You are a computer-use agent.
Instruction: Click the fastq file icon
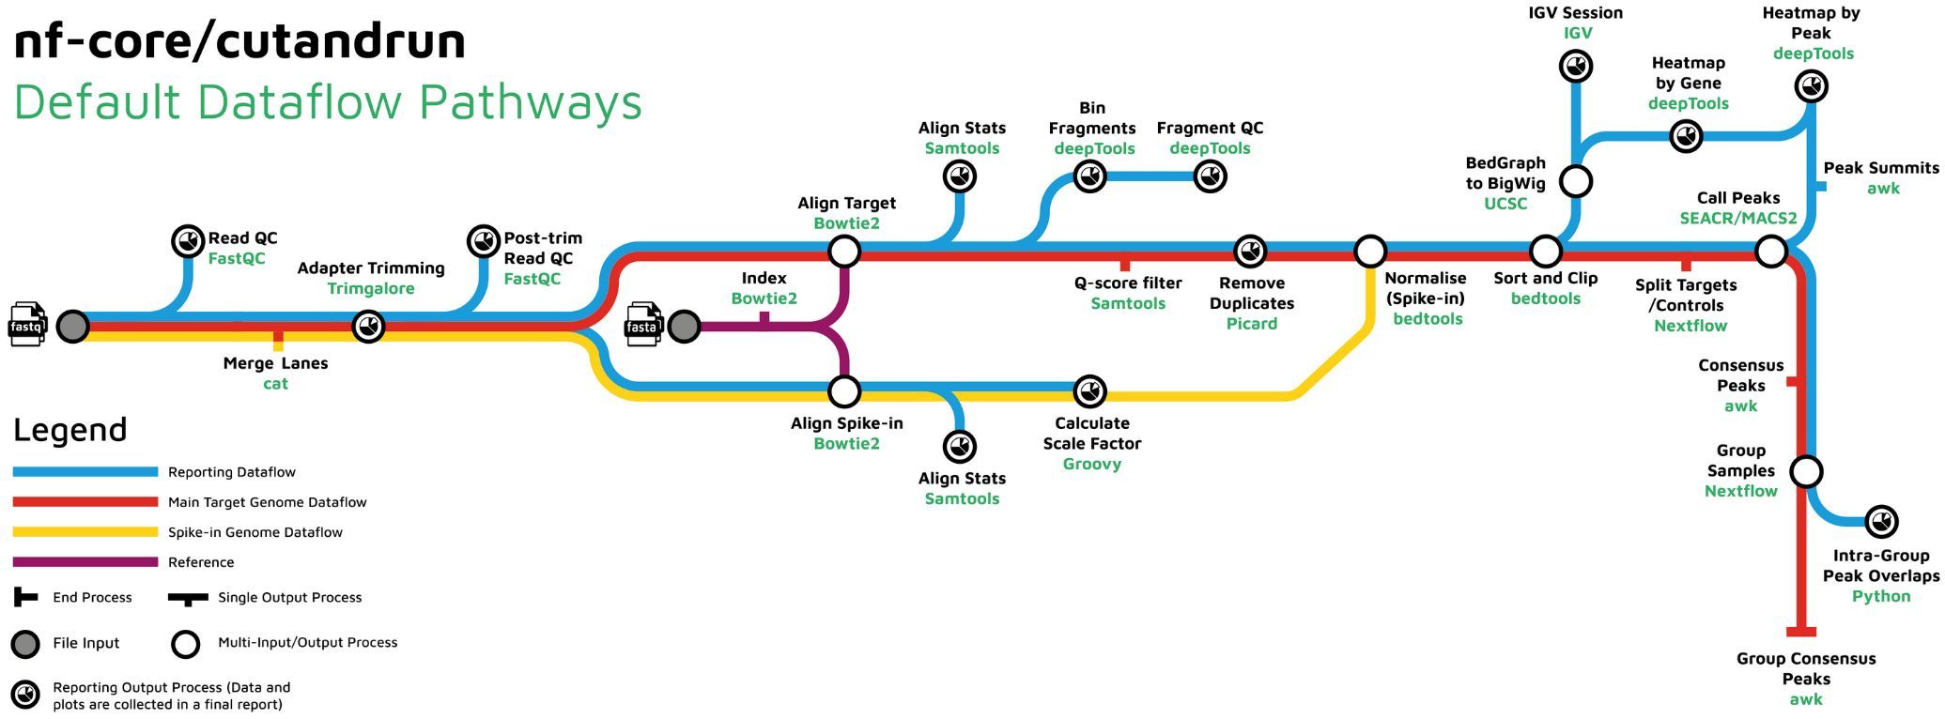(28, 325)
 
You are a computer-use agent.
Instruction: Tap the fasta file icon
(643, 325)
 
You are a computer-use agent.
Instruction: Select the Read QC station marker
(188, 241)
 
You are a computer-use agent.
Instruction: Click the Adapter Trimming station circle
(368, 327)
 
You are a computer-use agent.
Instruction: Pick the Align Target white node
(844, 252)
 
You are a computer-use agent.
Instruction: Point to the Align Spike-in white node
(844, 391)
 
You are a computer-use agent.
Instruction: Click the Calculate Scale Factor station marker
(1089, 391)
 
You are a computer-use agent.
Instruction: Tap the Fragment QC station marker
(1211, 176)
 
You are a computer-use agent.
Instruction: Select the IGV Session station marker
(1576, 67)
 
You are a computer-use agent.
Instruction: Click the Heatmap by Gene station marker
(1687, 137)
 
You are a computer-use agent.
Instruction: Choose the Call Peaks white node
(1771, 252)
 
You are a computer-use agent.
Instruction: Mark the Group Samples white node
(1806, 471)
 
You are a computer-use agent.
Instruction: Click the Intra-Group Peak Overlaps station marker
(1881, 521)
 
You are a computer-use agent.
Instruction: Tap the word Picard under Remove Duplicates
(1252, 324)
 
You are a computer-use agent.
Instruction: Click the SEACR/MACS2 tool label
(1738, 219)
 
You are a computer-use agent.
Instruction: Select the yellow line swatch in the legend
(85, 532)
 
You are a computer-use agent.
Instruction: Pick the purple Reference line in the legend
(85, 562)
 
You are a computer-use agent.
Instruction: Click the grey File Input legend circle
(25, 644)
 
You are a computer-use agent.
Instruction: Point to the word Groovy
(1091, 465)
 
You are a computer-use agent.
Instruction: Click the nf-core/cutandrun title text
(240, 41)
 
